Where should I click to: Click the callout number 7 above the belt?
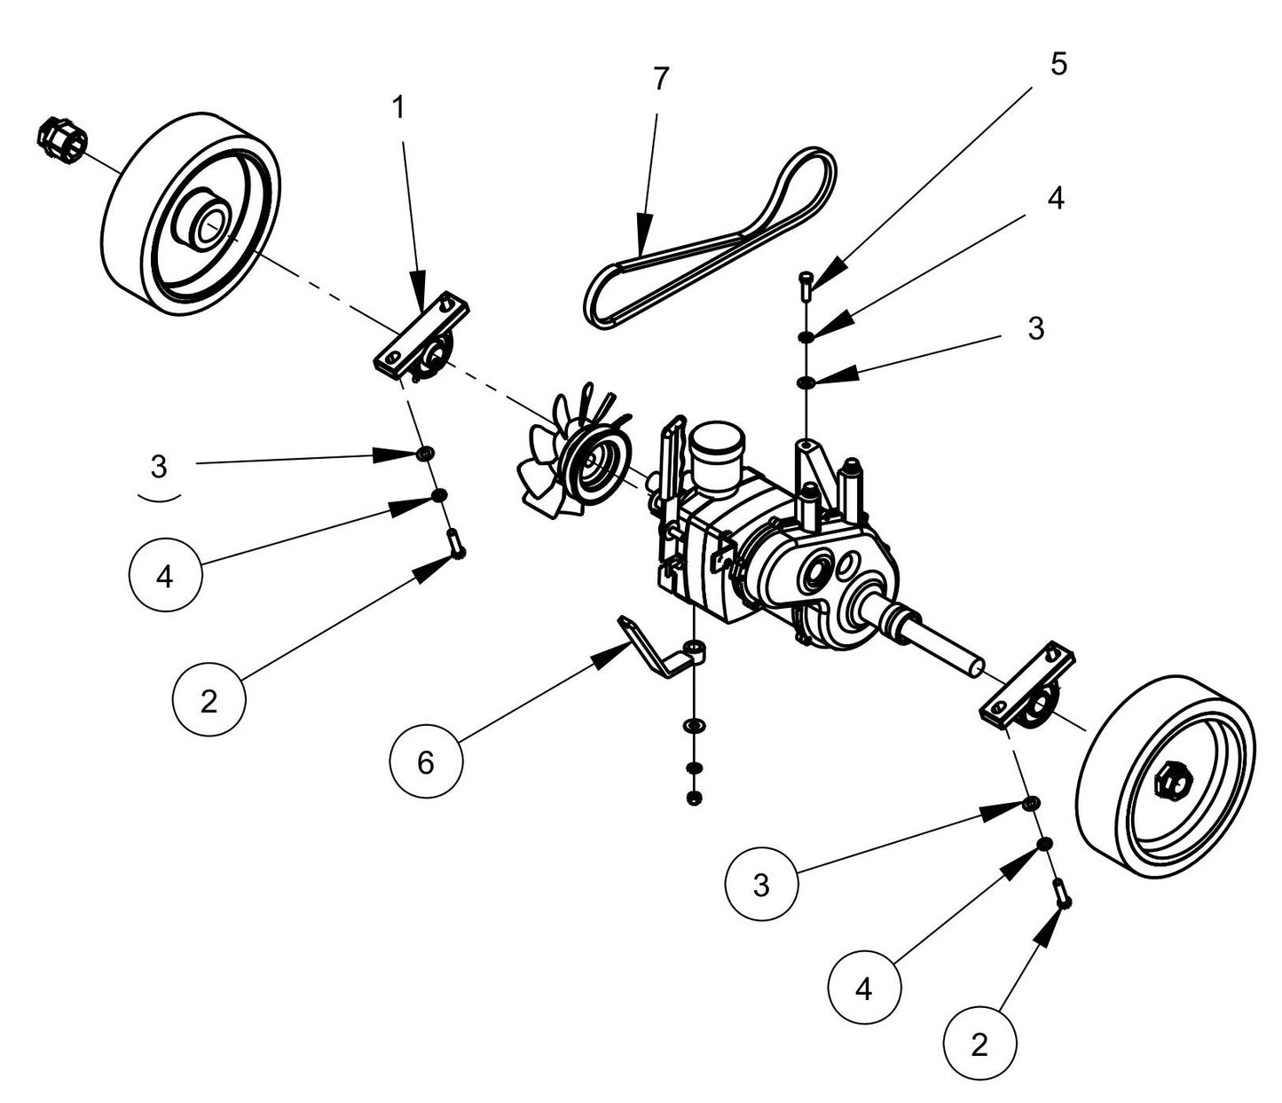658,79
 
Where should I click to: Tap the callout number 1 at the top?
397,107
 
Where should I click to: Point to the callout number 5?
1058,64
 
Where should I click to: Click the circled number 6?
426,761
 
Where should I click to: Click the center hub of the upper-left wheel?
205,221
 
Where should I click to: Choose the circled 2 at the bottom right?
979,1044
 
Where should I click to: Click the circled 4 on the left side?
164,576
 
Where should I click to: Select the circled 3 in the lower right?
760,885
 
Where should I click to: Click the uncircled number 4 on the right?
1054,199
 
